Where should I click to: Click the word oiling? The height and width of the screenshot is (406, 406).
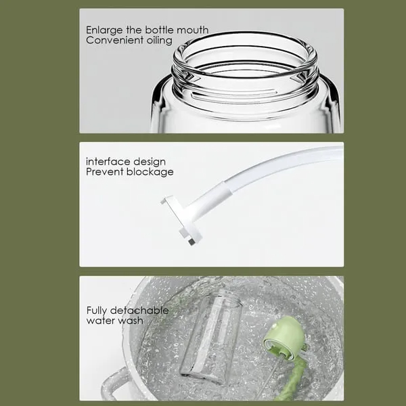pos(158,40)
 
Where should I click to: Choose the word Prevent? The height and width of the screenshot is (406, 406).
pos(104,172)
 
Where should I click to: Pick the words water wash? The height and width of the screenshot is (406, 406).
pos(114,321)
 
